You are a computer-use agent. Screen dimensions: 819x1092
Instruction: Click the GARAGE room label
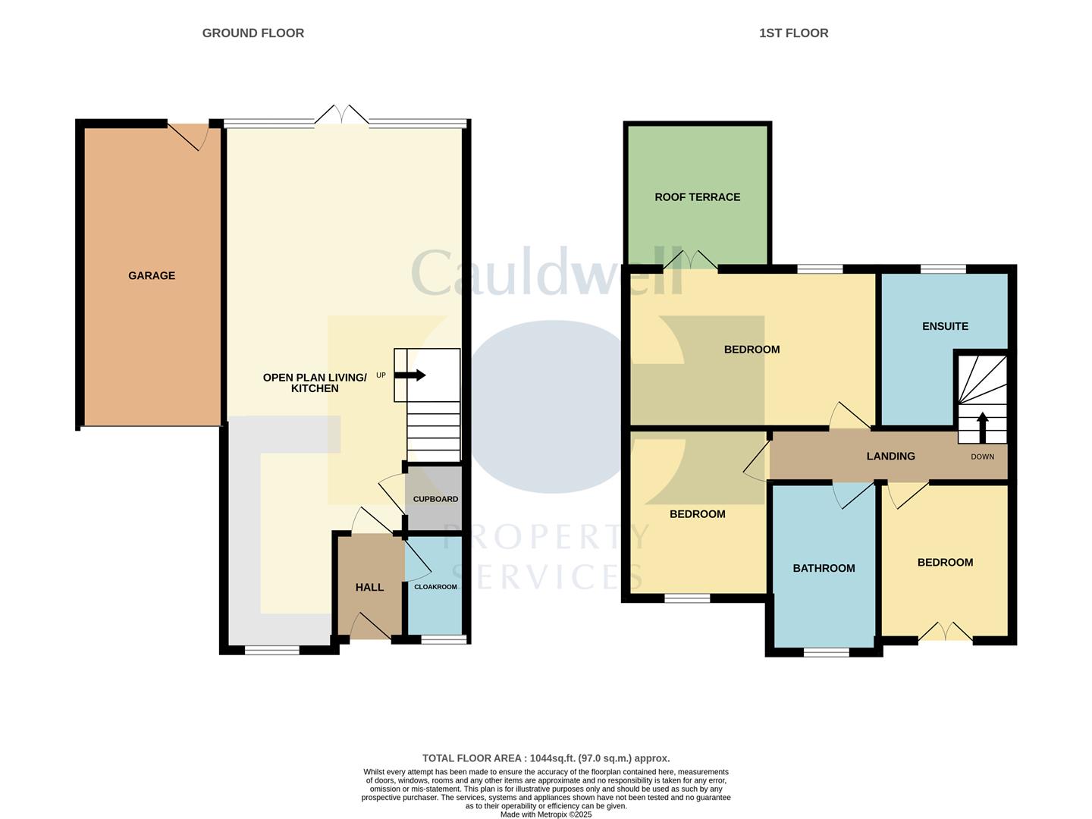[152, 275]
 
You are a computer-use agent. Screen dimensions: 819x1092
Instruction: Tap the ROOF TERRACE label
[697, 197]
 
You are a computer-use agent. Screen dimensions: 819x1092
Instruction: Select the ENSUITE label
[945, 326]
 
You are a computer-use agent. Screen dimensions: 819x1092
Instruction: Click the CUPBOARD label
[435, 499]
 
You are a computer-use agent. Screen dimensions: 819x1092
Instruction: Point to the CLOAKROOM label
[435, 587]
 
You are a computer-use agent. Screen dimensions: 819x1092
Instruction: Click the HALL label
[369, 587]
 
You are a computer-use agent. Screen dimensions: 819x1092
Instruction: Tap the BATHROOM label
[824, 568]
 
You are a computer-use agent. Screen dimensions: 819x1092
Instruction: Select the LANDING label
[890, 456]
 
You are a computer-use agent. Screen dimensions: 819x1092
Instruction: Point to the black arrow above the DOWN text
[982, 427]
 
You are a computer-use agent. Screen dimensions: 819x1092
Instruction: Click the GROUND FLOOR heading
[253, 33]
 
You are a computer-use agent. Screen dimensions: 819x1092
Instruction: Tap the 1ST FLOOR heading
[793, 33]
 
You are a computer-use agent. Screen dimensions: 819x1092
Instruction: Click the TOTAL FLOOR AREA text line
[546, 758]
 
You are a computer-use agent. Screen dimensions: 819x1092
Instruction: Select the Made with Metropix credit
[546, 814]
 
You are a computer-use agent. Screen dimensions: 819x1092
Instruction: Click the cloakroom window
[444, 640]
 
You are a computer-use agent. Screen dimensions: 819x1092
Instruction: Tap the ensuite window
[943, 268]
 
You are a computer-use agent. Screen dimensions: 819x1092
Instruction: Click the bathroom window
[827, 651]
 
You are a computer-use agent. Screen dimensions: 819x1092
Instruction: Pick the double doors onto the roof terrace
[691, 262]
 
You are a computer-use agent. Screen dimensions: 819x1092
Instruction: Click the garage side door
[189, 134]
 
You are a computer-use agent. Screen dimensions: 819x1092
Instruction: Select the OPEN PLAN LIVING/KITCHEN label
[315, 382]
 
